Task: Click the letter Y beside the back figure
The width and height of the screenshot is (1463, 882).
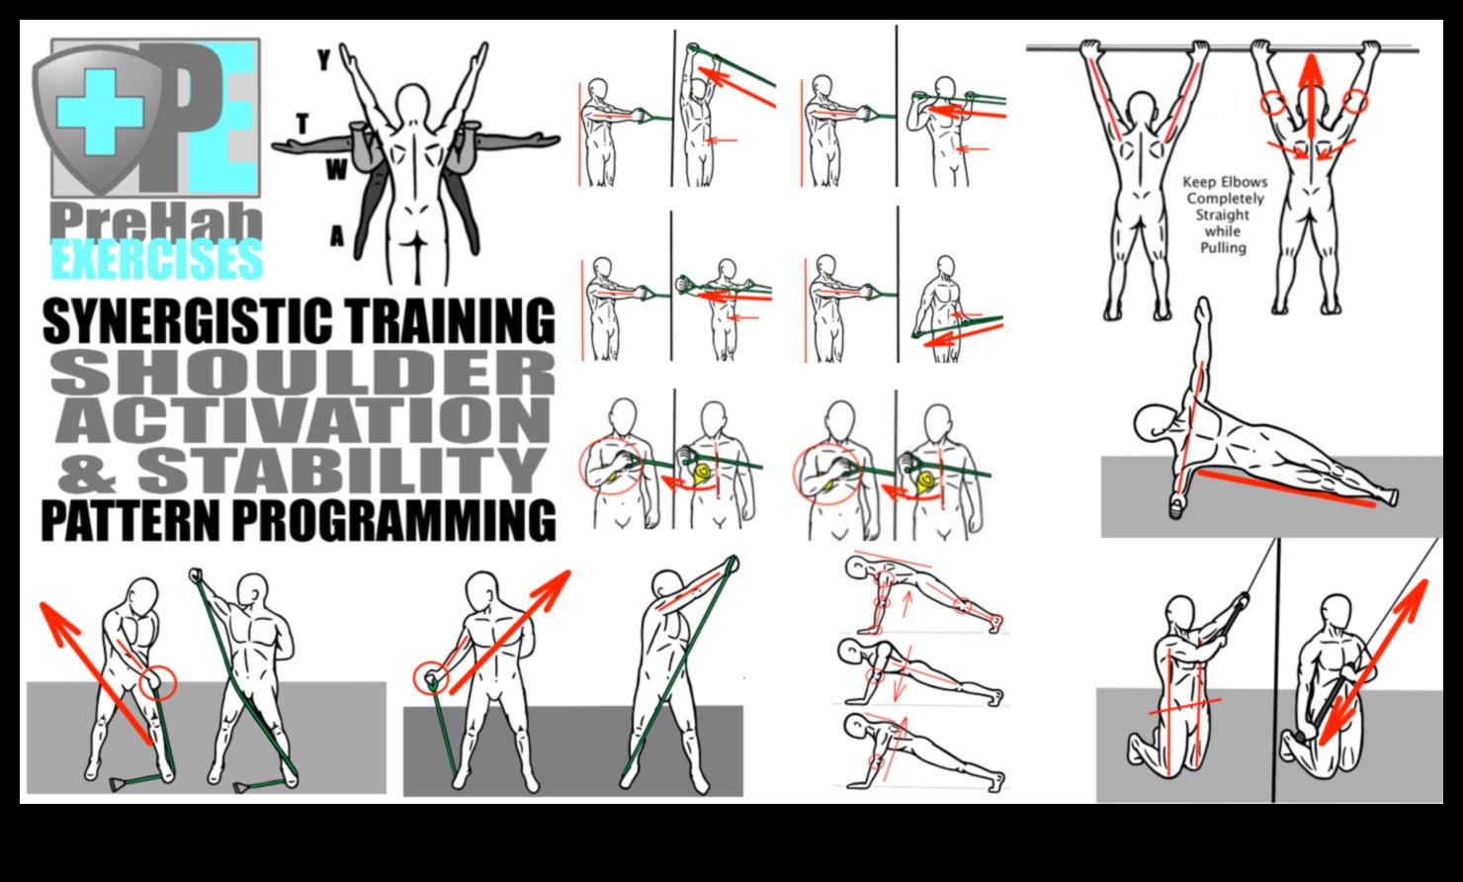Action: (323, 61)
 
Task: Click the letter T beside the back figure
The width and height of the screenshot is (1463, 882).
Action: (301, 124)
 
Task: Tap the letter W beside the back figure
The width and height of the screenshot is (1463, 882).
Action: (336, 171)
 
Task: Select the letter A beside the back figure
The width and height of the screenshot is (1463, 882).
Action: (337, 237)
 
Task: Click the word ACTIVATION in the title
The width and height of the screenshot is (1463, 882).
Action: (302, 420)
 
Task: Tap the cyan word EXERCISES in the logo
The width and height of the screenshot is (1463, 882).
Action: (157, 260)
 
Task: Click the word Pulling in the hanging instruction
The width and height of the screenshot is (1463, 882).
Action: (1223, 247)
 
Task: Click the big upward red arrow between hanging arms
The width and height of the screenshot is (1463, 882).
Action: (1311, 99)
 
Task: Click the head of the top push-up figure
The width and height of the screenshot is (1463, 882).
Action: (856, 568)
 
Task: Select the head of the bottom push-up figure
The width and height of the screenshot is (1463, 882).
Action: (855, 727)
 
